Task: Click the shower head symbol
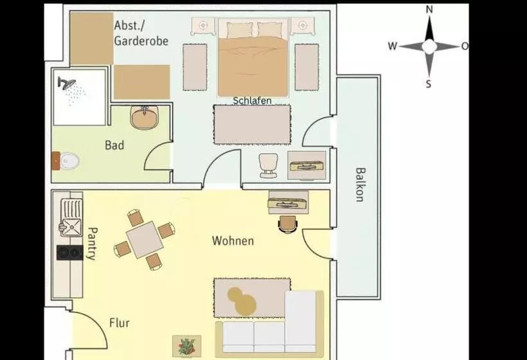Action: [x=67, y=83]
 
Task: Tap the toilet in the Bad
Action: [x=69, y=160]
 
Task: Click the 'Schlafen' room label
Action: [x=251, y=101]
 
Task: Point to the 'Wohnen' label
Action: [x=233, y=241]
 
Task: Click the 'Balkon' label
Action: [x=359, y=185]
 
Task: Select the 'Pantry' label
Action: [x=91, y=243]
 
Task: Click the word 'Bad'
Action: [x=114, y=145]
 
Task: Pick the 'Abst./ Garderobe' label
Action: [x=141, y=33]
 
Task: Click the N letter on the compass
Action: [x=429, y=9]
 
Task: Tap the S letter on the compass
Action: [x=429, y=84]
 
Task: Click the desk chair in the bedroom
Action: [x=268, y=165]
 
